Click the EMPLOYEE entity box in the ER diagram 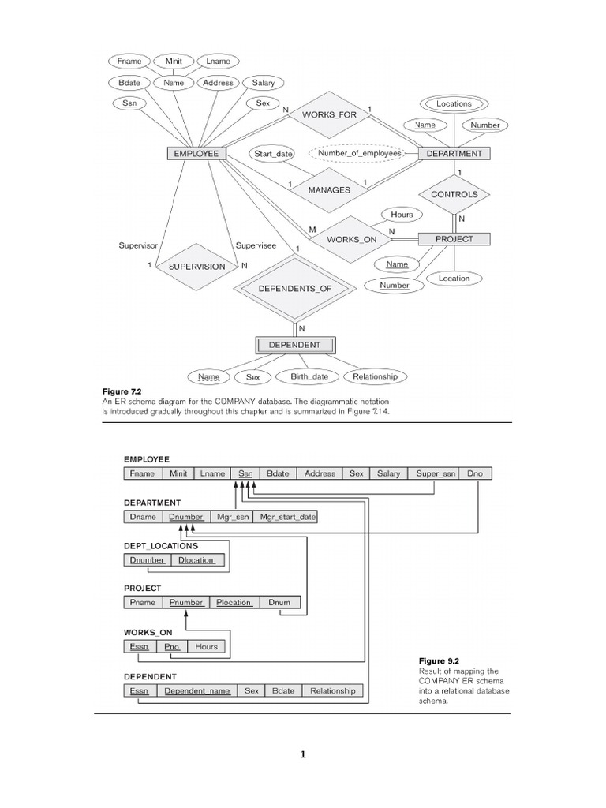click(x=196, y=154)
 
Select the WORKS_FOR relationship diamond click(x=330, y=115)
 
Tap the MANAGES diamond click(x=330, y=190)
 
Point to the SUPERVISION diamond click(x=196, y=267)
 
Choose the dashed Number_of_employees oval click(x=354, y=154)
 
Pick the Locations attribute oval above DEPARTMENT click(x=454, y=103)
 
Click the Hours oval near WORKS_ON click(x=402, y=215)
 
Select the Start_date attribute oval click(x=273, y=154)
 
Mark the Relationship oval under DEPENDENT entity click(x=376, y=377)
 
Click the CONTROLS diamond click(x=454, y=194)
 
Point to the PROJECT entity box click(x=454, y=239)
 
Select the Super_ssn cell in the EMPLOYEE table click(x=436, y=473)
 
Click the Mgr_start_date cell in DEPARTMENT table click(x=288, y=517)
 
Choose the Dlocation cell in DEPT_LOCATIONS click(x=196, y=560)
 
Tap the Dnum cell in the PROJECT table click(x=279, y=603)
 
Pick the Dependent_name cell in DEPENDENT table click(x=197, y=690)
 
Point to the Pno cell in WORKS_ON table click(x=173, y=647)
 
